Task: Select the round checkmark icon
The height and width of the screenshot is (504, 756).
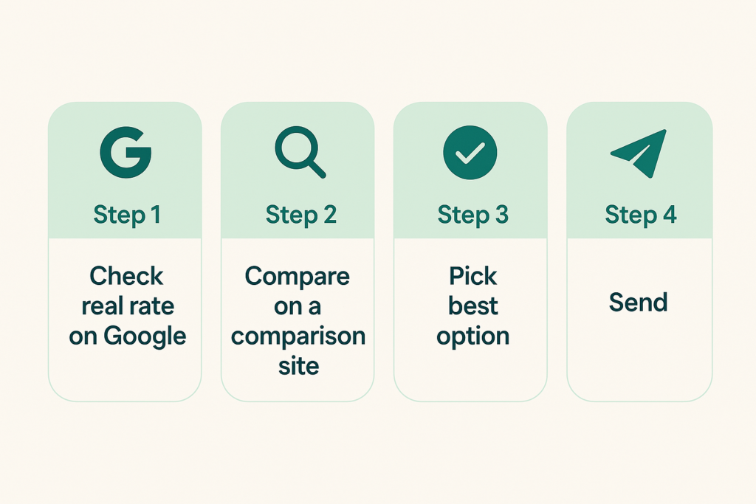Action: pos(470,153)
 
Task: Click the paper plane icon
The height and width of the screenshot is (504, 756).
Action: pos(639,153)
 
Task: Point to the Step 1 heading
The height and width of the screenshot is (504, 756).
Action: pos(127,215)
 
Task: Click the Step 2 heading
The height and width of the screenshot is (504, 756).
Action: pos(301,215)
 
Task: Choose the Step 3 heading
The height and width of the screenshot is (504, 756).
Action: pos(473,215)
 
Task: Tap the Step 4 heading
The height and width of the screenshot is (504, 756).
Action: pos(641,215)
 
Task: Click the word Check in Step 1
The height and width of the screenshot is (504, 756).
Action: pos(126,276)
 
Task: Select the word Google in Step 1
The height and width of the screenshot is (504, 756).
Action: pos(145,336)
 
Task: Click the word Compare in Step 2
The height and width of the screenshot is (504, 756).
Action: pos(298,277)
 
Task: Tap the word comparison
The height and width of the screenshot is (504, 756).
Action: pos(298,336)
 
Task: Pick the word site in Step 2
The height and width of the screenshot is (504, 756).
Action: pos(298,366)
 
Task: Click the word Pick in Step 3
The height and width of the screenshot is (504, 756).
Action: pos(473,276)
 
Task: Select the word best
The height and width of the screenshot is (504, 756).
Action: pos(473,306)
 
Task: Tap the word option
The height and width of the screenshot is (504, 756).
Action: pos(473,336)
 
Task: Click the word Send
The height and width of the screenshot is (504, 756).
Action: pos(639,303)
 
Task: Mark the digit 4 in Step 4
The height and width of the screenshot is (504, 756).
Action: pos(670,215)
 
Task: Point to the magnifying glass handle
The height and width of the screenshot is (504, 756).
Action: pos(316,168)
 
